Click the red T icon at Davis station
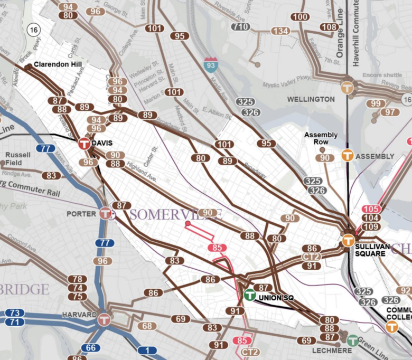pos(84,144)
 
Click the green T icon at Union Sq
pos(250,295)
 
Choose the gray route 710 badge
pos(241,26)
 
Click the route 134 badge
pos(280,31)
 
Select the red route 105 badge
pos(371,209)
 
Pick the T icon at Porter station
pos(106,213)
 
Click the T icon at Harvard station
pos(104,319)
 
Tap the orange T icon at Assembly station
pos(347,156)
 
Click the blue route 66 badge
pos(91,348)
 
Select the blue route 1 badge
pos(150,350)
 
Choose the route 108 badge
pos(329,27)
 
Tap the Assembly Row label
pos(321,138)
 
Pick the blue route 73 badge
pos(15,313)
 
